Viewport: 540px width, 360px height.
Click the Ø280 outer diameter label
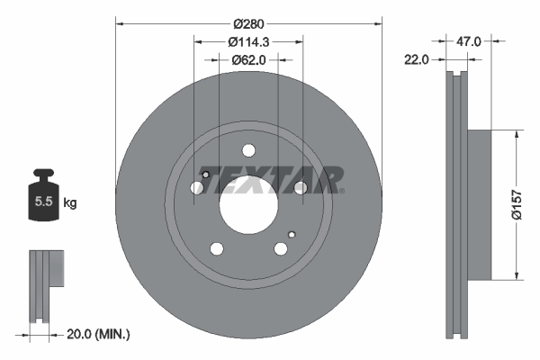[248, 22]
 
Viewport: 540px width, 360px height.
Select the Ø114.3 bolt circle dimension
[248, 41]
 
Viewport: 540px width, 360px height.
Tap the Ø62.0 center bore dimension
[248, 60]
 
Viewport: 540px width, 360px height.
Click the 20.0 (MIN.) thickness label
[99, 334]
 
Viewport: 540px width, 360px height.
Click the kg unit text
[70, 203]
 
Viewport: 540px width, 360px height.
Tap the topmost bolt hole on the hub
[248, 151]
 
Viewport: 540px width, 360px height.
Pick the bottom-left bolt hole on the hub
[217, 248]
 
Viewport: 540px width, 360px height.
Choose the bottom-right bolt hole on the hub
[280, 248]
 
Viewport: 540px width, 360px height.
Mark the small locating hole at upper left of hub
[206, 175]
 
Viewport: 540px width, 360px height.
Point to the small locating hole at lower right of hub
[290, 233]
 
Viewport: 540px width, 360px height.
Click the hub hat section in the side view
[480, 204]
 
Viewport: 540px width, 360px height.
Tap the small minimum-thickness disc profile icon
[45, 284]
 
